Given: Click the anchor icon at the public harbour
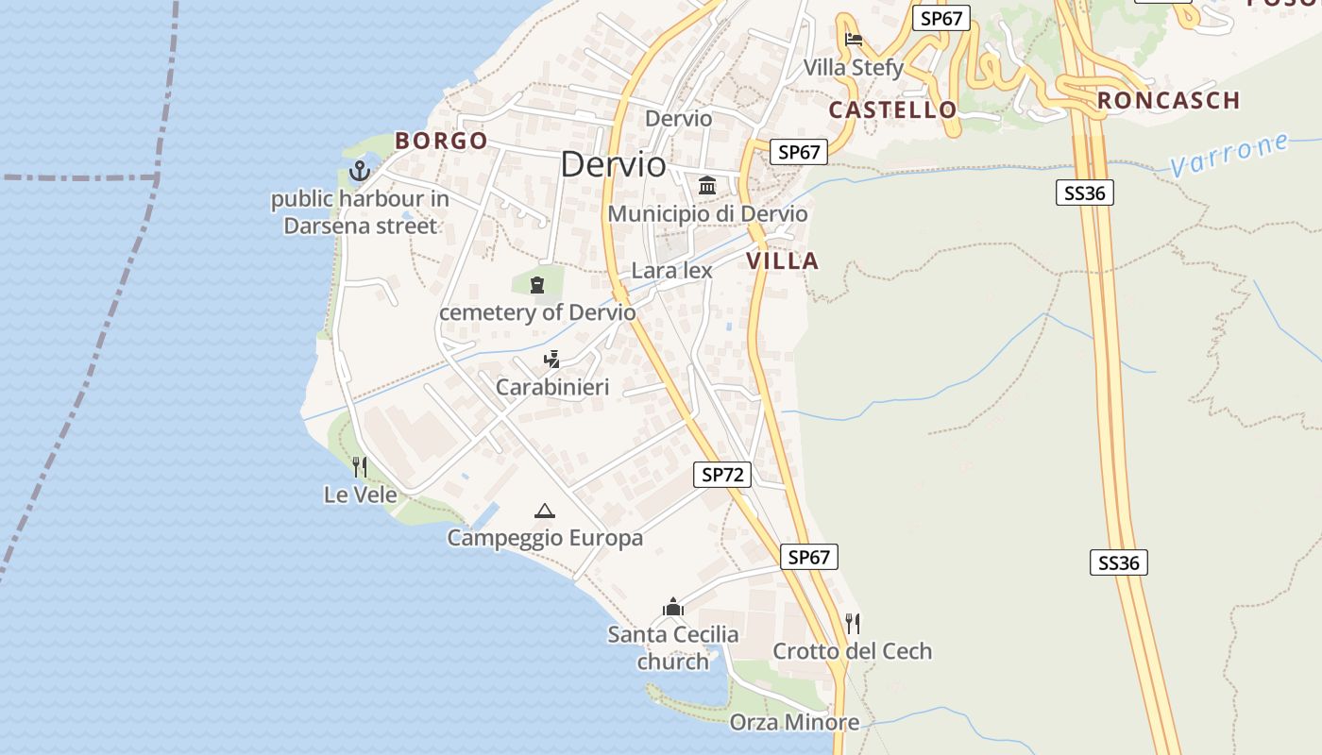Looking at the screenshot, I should [359, 171].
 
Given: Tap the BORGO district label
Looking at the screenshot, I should [441, 141].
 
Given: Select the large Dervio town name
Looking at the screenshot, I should [613, 164].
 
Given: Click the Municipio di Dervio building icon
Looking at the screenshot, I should [707, 185].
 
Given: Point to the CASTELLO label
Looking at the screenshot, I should [892, 109].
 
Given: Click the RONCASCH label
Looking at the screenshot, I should [1168, 100].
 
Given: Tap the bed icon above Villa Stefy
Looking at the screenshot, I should [854, 40].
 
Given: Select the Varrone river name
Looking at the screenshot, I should [1229, 155].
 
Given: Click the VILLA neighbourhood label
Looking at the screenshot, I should [783, 261].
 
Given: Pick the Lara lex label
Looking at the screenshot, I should [671, 271].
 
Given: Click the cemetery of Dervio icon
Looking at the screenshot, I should [537, 283].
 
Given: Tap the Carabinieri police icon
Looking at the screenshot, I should [552, 359].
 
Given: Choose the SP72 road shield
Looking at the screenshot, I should [723, 475].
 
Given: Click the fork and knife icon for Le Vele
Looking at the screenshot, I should [360, 466].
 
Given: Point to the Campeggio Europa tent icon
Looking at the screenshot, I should [544, 512].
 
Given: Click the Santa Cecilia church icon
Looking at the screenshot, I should [673, 606].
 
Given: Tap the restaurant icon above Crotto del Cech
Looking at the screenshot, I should [853, 623].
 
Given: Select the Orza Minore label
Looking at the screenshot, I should [794, 723].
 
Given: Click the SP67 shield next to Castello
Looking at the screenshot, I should [800, 152].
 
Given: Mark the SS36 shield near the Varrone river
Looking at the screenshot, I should [1085, 193].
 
